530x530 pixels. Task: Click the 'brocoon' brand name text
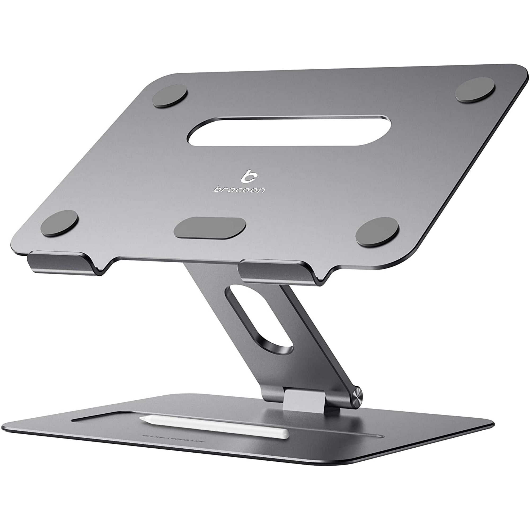click(x=239, y=189)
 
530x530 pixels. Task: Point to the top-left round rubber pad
click(x=170, y=95)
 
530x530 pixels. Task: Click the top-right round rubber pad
click(x=475, y=90)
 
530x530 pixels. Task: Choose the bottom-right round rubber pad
click(x=377, y=231)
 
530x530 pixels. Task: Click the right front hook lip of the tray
click(x=277, y=272)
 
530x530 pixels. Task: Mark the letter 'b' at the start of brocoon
click(x=217, y=189)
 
